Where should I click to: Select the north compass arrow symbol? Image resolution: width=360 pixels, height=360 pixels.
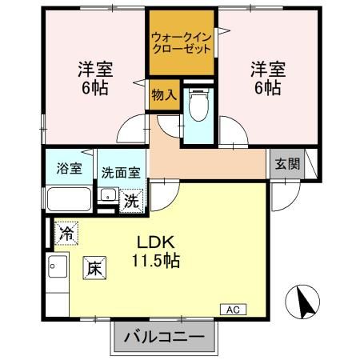tap(303, 302)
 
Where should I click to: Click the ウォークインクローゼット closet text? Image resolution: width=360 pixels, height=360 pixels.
tap(181, 41)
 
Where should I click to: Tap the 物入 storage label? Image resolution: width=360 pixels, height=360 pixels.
tap(163, 95)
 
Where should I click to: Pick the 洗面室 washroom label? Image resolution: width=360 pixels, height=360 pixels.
tap(120, 170)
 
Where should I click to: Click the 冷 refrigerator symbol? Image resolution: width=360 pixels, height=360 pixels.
tap(67, 234)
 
